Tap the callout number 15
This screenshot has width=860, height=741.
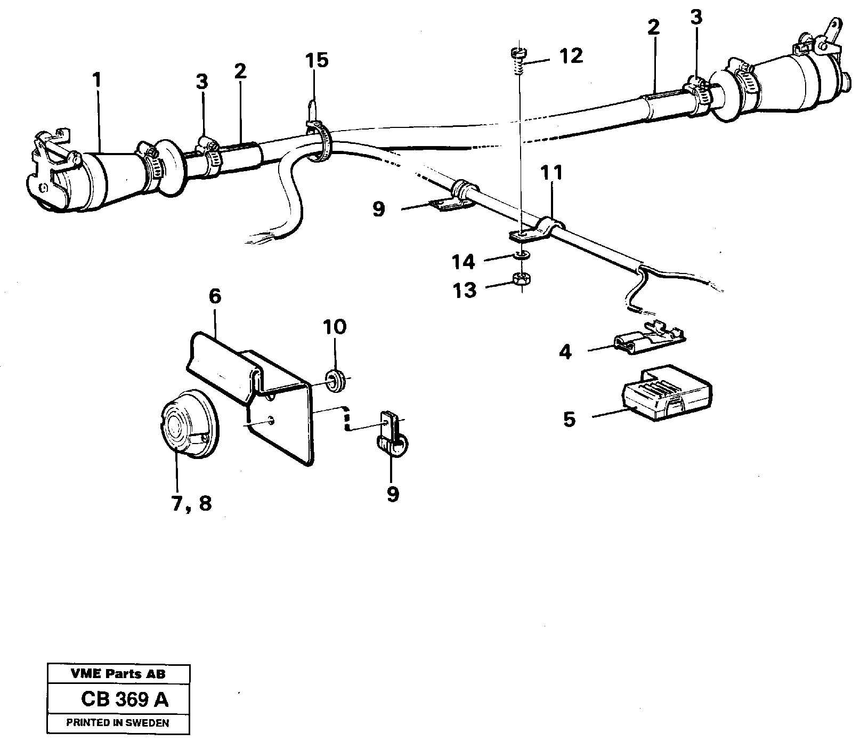(317, 60)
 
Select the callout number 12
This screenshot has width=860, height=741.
(571, 55)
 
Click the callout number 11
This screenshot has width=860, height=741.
(551, 173)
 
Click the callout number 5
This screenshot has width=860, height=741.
(570, 420)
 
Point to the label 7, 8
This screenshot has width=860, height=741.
(191, 503)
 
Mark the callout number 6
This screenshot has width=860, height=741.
(214, 296)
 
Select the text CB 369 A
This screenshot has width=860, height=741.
(125, 700)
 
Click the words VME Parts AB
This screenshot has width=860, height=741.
(118, 674)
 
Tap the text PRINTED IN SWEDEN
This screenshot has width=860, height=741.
(117, 723)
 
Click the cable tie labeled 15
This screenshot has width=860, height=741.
(318, 136)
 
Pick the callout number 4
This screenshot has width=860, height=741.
(566, 352)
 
